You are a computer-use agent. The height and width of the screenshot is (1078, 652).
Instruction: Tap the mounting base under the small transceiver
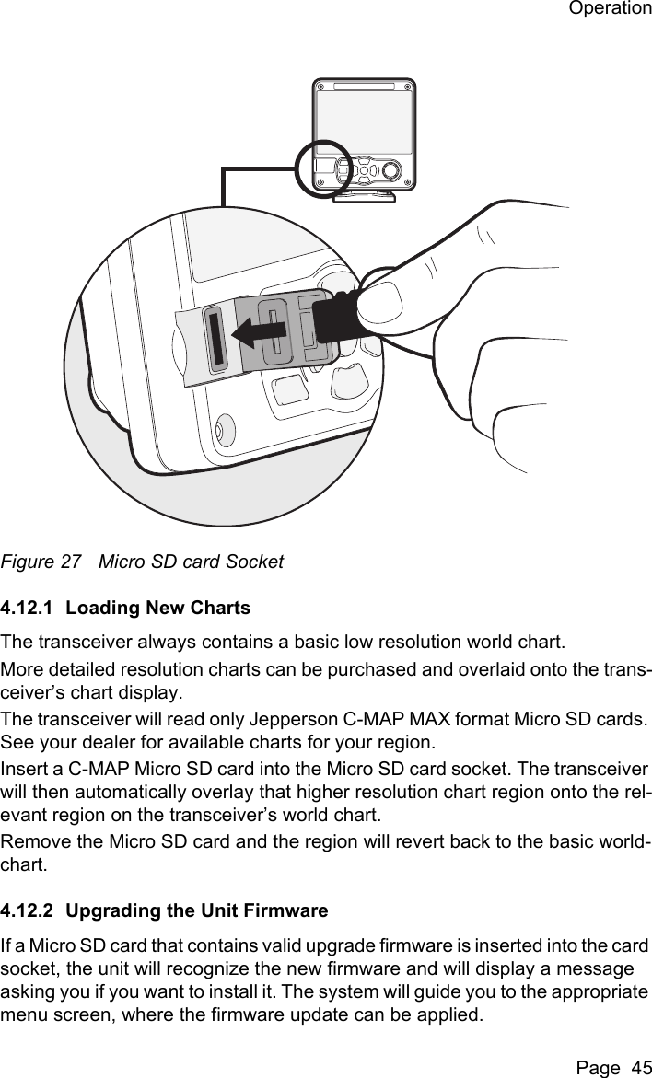[365, 195]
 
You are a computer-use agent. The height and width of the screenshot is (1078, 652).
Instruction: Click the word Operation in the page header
[609, 10]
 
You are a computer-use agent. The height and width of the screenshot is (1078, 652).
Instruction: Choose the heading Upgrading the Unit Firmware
[197, 911]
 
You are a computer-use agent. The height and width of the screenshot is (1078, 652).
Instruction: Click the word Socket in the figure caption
[258, 562]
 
